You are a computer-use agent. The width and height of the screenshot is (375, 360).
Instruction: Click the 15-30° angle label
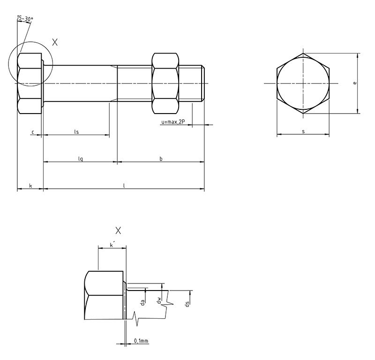click(24, 19)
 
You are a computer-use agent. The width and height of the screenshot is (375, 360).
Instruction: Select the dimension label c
click(33, 132)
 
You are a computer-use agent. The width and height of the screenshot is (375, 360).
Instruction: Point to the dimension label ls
click(76, 132)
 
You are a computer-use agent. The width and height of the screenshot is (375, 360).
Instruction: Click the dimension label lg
click(81, 159)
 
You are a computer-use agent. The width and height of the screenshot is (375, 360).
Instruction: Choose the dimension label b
click(161, 159)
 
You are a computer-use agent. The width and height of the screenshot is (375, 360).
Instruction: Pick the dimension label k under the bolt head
click(30, 186)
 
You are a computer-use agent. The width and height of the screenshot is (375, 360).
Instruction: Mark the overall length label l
click(124, 186)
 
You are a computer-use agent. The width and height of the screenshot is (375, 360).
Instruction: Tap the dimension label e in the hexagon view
click(355, 83)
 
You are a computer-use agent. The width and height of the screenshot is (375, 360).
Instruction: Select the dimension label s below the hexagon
click(303, 132)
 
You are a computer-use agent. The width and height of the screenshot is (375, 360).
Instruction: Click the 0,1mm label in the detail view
click(141, 340)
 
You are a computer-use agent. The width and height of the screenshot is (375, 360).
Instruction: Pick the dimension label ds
click(187, 304)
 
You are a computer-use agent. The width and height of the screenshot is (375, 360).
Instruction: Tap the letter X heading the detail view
click(118, 230)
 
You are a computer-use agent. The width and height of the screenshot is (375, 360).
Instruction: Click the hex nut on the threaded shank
click(165, 83)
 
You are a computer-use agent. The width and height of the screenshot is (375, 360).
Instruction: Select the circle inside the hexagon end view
click(303, 83)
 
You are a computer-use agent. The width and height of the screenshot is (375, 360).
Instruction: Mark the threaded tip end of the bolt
click(203, 83)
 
